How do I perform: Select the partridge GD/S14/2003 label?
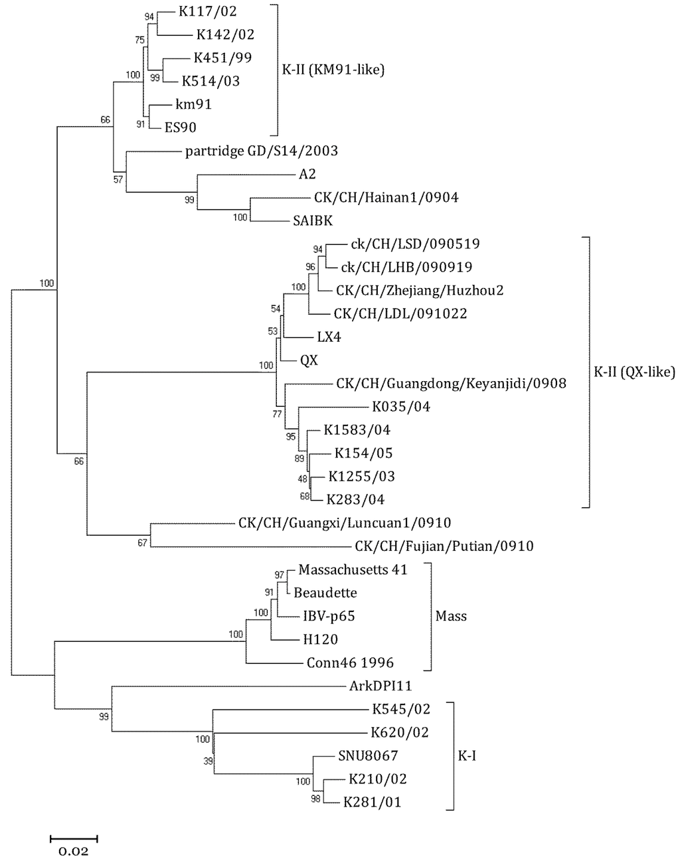pyautogui.click(x=261, y=151)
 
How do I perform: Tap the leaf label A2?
pyautogui.click(x=307, y=174)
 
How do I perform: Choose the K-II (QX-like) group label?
pyautogui.click(x=634, y=372)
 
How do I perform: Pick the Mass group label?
pyautogui.click(x=451, y=616)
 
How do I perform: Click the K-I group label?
pyautogui.click(x=467, y=755)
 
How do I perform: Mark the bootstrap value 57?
pyautogui.click(x=118, y=179)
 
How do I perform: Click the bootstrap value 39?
pyautogui.click(x=209, y=762)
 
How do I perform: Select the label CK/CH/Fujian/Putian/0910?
pyautogui.click(x=444, y=546)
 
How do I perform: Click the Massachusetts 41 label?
pyautogui.click(x=353, y=570)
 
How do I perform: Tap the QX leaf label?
pyautogui.click(x=309, y=360)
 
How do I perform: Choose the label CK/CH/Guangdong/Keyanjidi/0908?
pyautogui.click(x=451, y=383)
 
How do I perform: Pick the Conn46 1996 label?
pyautogui.click(x=350, y=663)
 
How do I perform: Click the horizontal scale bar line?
pyautogui.click(x=73, y=838)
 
